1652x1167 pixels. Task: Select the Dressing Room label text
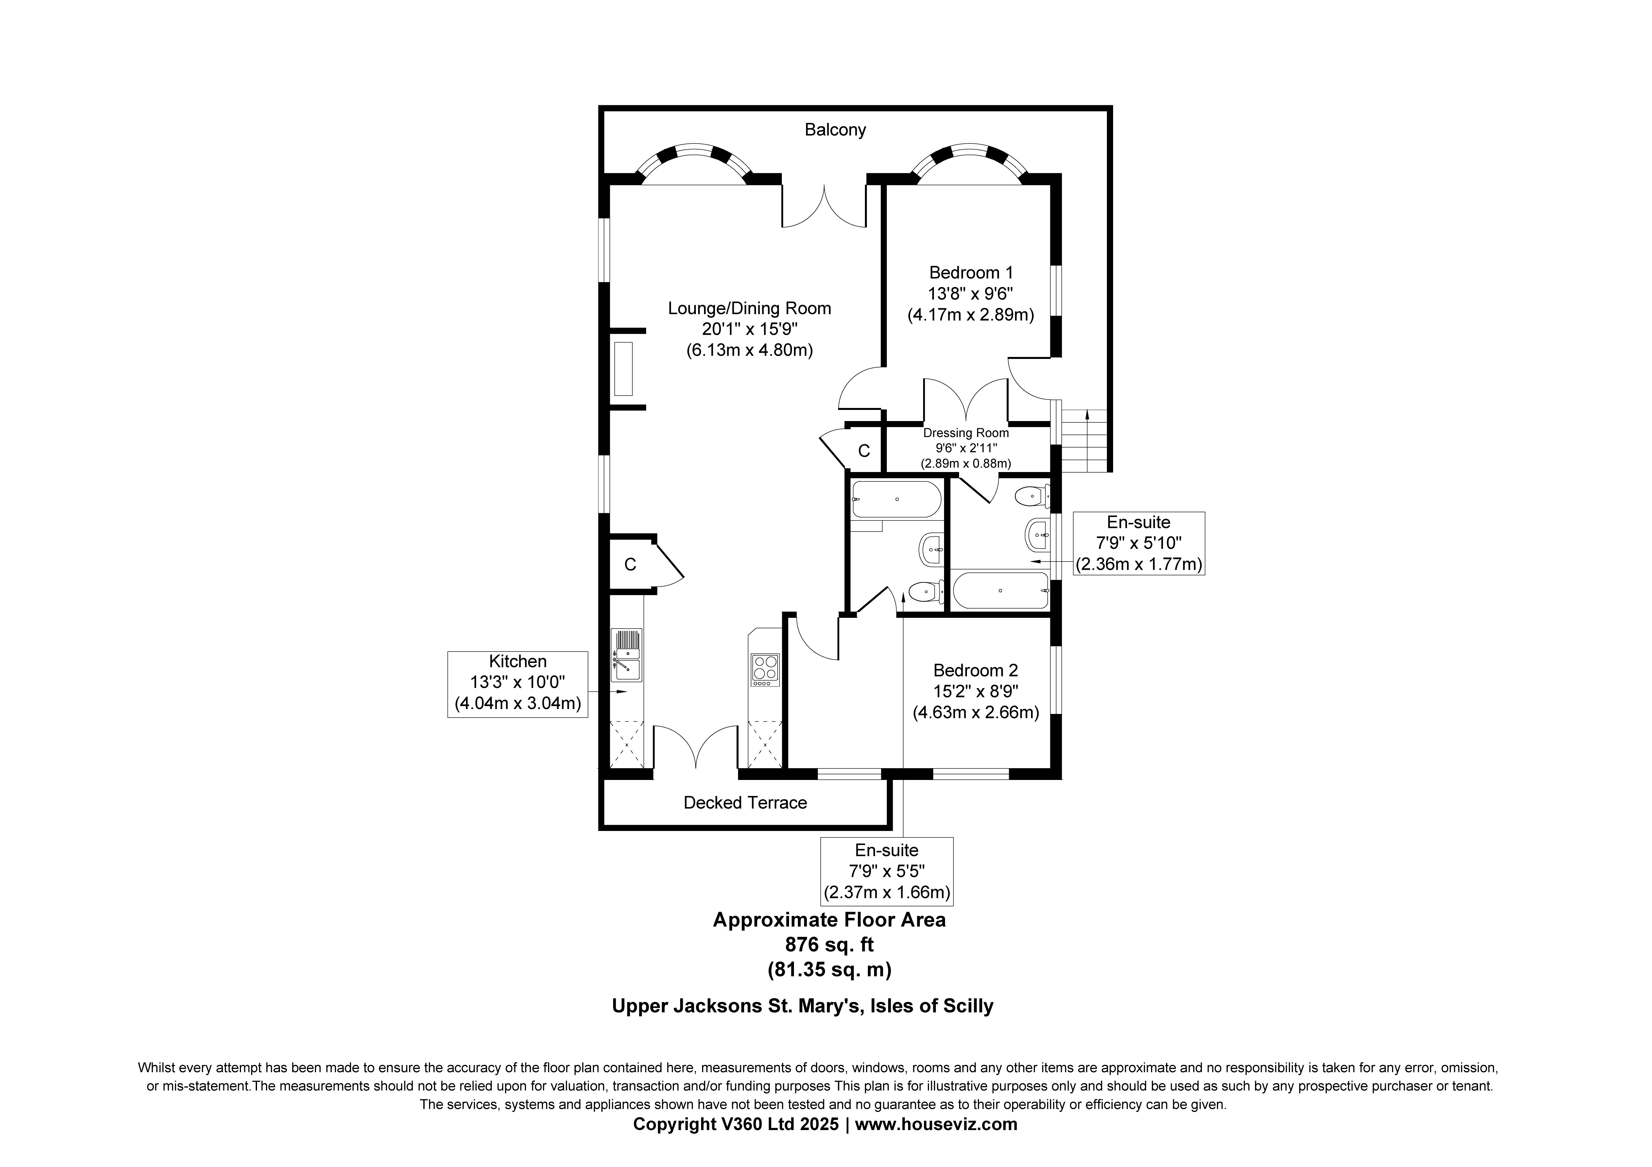click(966, 433)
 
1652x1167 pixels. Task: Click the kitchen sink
click(626, 655)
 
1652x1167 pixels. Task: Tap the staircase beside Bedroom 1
click(1083, 440)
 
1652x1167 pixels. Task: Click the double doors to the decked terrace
click(696, 748)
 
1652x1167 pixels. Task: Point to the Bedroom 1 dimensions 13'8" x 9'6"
click(971, 294)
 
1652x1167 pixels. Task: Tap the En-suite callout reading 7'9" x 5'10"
click(1139, 543)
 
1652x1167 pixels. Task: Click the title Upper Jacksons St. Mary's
click(737, 1006)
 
